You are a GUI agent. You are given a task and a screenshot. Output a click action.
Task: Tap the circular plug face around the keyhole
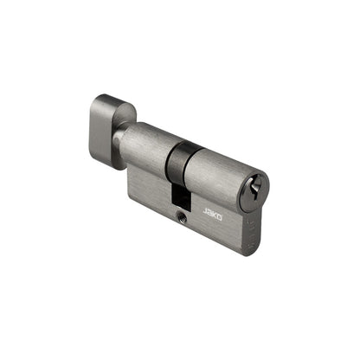256,192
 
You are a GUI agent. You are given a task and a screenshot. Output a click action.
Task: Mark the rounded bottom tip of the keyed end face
250,252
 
